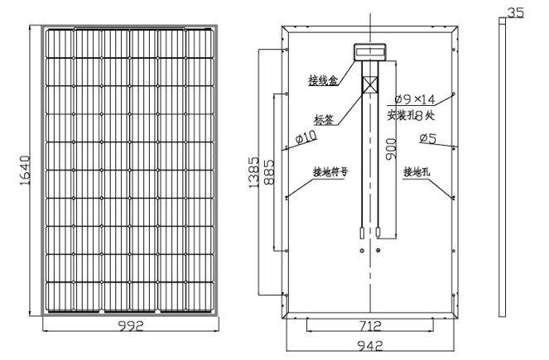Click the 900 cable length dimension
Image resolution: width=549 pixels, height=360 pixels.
391,149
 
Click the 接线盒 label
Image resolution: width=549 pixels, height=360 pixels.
322,80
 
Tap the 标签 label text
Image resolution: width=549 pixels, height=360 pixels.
324,118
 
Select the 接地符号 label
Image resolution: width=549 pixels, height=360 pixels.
330,173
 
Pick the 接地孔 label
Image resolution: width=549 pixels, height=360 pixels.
417,173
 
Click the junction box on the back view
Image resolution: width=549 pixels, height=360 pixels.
369,51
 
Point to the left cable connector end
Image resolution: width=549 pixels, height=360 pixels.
361,235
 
